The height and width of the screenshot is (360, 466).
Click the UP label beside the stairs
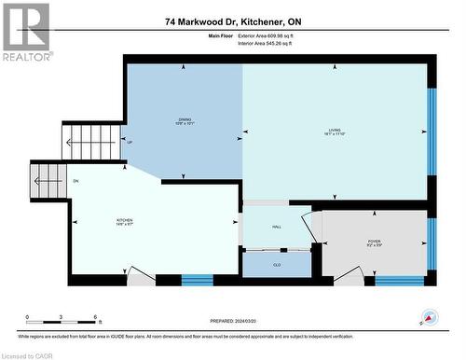[130, 143]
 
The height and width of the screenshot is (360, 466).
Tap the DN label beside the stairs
[75, 181]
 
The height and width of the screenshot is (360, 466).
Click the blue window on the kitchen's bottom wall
[196, 279]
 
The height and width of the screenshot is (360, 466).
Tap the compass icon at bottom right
[429, 317]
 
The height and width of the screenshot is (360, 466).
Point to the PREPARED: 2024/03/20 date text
[232, 317]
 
